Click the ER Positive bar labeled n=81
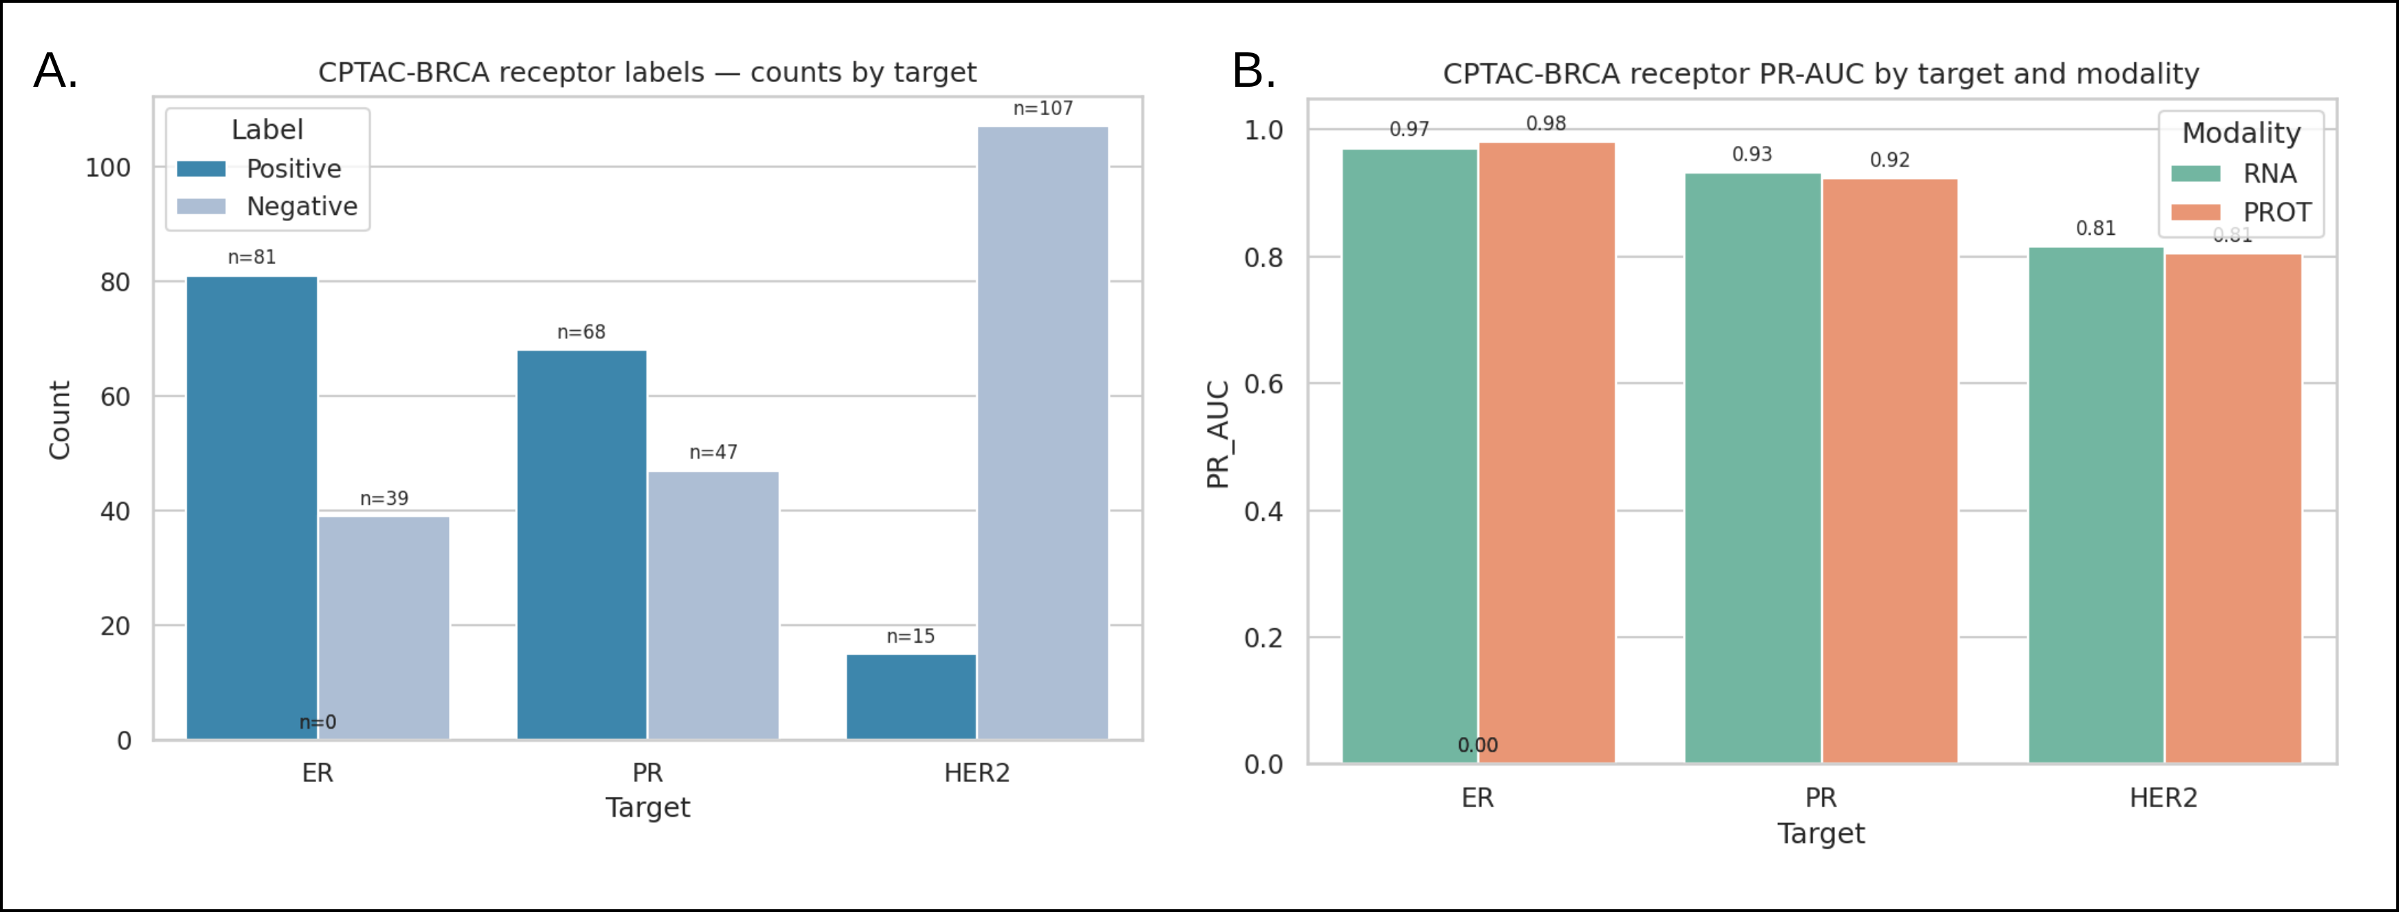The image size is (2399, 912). [x=251, y=508]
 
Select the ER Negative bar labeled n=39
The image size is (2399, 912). [x=384, y=628]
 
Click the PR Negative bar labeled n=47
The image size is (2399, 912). [x=713, y=605]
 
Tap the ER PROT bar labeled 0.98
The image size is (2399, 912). [x=1546, y=453]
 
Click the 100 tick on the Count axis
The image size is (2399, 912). [x=108, y=167]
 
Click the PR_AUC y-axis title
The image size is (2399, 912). [x=1218, y=434]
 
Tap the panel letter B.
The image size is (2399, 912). [x=1253, y=71]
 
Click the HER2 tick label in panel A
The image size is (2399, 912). [x=976, y=773]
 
